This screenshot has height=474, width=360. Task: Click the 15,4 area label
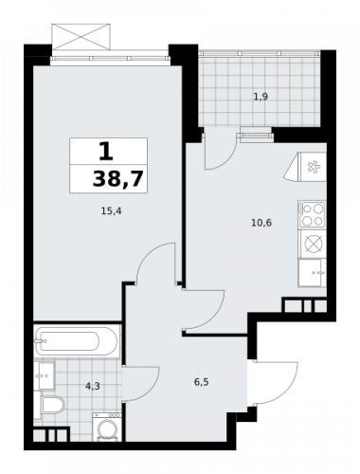click(x=111, y=210)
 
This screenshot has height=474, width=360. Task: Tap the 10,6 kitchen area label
click(x=261, y=223)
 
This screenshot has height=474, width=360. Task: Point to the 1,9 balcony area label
click(x=261, y=97)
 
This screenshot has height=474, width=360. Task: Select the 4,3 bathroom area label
click(x=93, y=386)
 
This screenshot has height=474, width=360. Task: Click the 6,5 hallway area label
click(x=202, y=382)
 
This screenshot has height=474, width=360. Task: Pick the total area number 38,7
click(x=118, y=179)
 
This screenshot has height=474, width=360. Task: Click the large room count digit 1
click(x=106, y=151)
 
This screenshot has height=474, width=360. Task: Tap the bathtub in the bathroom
click(x=77, y=341)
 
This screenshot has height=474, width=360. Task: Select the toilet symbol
click(x=53, y=406)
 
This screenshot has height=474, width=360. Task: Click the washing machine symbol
click(x=107, y=427)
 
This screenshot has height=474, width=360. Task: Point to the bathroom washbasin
click(x=47, y=376)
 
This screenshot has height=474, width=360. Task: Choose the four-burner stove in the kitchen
click(x=313, y=214)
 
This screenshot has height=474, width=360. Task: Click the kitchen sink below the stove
click(x=313, y=273)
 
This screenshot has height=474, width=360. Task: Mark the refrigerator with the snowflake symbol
click(x=306, y=167)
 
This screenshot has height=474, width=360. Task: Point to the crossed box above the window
click(x=81, y=37)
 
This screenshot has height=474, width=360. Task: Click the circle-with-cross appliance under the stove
click(x=314, y=244)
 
